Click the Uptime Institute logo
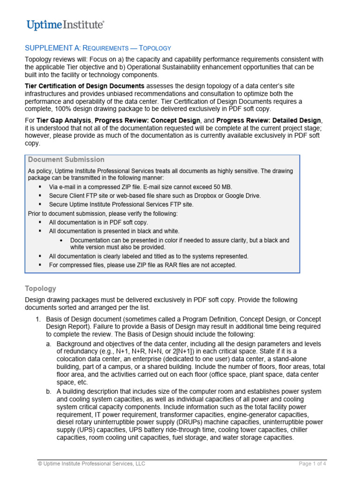pyautogui.click(x=65, y=25)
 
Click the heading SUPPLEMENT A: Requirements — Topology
pyautogui.click(x=97, y=48)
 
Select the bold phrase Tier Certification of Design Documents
pyautogui.click(x=84, y=86)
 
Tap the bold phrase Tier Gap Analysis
pyautogui.click(x=64, y=120)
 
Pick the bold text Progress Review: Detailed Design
pyautogui.click(x=269, y=120)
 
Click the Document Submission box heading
pyautogui.click(x=66, y=160)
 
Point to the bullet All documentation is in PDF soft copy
pyautogui.click(x=98, y=222)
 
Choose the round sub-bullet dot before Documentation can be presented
pyautogui.click(x=62, y=240)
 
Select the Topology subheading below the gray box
pyautogui.click(x=40, y=288)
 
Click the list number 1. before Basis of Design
pyautogui.click(x=39, y=319)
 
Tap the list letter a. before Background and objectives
pyautogui.click(x=49, y=344)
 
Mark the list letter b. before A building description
pyautogui.click(x=49, y=391)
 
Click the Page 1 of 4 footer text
pyautogui.click(x=312, y=464)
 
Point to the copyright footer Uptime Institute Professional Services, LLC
pyautogui.click(x=91, y=464)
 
